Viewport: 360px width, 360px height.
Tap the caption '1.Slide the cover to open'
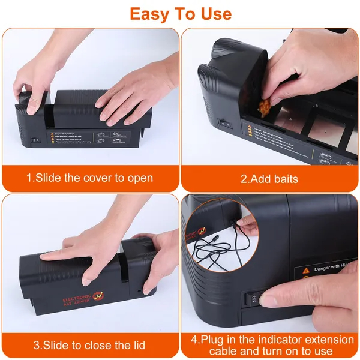click(89, 178)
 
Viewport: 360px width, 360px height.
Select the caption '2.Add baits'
click(269, 178)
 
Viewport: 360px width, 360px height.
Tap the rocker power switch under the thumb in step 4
click(254, 298)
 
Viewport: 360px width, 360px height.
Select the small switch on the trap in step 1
click(35, 140)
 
